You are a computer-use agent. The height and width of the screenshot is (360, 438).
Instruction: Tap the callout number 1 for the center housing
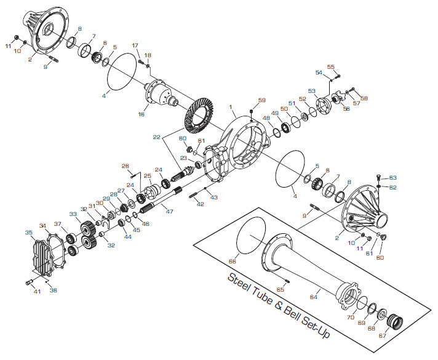(x=231, y=108)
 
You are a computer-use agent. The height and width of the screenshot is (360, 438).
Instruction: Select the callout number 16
(x=141, y=114)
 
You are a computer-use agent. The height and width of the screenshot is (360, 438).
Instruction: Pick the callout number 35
(x=29, y=233)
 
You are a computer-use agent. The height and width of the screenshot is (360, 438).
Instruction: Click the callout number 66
(x=232, y=261)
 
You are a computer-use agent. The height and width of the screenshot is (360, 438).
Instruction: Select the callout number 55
(x=330, y=67)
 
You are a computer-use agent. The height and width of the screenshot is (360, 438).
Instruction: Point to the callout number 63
(x=393, y=177)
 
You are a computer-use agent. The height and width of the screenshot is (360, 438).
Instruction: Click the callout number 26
(x=125, y=166)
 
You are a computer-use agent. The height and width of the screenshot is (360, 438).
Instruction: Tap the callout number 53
(x=312, y=91)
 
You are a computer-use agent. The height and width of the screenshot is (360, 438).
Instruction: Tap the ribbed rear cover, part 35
(x=46, y=258)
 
